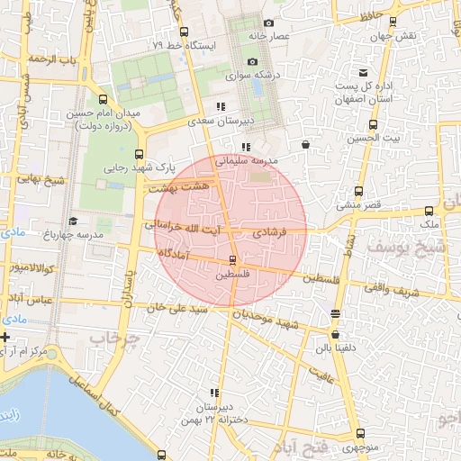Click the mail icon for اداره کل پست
pos(363,72)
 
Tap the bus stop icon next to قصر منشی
pos(359,191)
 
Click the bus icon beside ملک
pos(429,212)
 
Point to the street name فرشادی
pos(269,233)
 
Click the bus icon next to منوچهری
pos(336,434)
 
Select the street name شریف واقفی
pos(388,287)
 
